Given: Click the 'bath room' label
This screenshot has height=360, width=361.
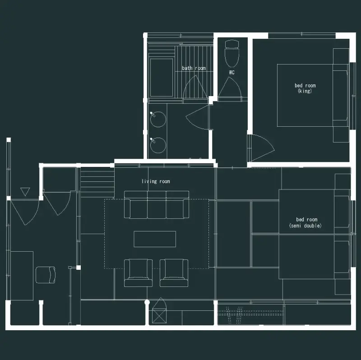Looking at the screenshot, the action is click(194, 68).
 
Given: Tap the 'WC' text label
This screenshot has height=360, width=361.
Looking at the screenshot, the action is click(231, 72).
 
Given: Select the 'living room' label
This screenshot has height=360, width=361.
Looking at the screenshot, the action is click(156, 181).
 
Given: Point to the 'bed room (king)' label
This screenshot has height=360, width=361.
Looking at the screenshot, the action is click(305, 88).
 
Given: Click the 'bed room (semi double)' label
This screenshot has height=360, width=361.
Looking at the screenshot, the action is click(305, 222).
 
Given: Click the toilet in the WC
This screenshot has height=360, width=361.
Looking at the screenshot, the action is click(232, 53).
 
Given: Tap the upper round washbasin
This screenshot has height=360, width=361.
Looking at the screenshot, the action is click(158, 119).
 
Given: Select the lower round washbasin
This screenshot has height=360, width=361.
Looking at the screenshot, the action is click(158, 145).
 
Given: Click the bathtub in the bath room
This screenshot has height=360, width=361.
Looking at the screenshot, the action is click(161, 78).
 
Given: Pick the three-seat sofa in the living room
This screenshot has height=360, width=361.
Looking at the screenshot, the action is click(157, 204).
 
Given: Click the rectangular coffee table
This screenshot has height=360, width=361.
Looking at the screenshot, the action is click(155, 239).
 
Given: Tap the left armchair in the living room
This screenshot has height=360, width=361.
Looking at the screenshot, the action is click(138, 273).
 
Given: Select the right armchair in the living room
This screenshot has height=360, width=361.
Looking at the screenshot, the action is click(174, 273).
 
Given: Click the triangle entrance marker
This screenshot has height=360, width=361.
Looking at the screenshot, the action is click(25, 192).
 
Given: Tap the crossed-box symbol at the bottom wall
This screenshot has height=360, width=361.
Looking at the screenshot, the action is click(159, 316).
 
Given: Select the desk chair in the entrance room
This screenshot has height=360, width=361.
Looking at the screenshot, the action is click(46, 275).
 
